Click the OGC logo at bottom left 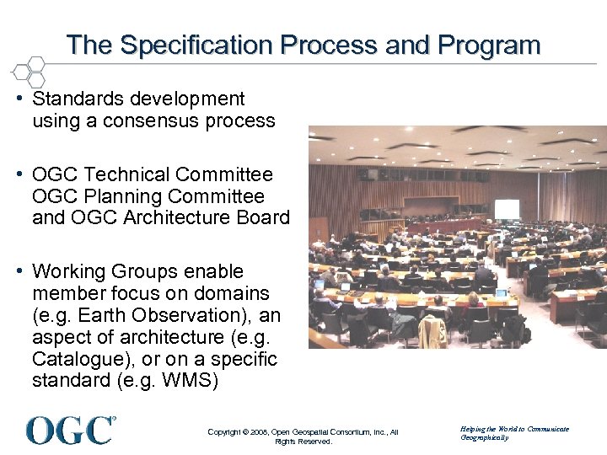point(71,430)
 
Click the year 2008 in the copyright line point(259,432)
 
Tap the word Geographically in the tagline point(485,438)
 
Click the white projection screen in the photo point(507,209)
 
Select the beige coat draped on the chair point(433,330)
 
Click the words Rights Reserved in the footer point(303,442)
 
